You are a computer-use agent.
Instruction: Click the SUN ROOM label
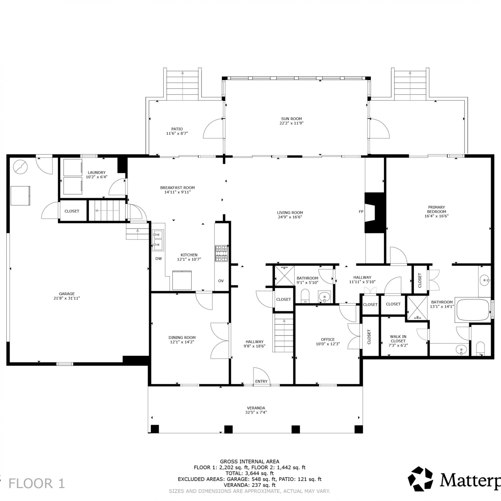291,119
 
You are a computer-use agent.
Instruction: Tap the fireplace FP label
361,211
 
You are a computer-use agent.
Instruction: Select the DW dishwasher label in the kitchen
158,259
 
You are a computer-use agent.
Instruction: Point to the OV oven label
221,281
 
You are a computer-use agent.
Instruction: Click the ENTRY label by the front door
261,381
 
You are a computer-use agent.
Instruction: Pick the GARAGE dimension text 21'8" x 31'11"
67,298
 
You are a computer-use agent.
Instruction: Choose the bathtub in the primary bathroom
473,310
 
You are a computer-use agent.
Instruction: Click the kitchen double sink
158,240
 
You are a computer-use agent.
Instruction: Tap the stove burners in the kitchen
221,254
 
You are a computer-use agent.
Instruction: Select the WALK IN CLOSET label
398,339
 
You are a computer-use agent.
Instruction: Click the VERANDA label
256,408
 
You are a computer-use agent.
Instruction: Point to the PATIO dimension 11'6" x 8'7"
177,134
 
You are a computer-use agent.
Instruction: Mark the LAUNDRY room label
97,172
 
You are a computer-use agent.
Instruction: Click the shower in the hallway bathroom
284,276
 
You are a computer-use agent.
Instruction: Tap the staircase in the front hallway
283,333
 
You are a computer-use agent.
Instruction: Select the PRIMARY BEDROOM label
437,209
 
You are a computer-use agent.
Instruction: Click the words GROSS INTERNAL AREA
249,462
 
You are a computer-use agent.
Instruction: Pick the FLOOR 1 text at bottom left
36,483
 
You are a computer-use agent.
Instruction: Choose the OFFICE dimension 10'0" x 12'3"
328,344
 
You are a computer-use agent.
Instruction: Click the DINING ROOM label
182,338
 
